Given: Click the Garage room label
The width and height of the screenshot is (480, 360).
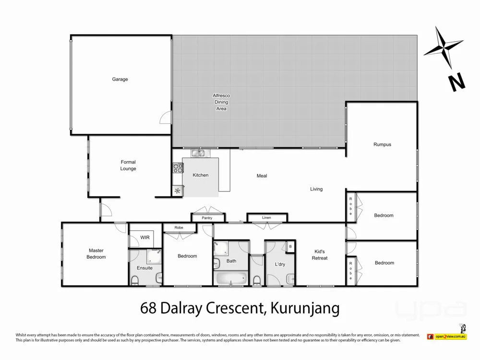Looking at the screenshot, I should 120,79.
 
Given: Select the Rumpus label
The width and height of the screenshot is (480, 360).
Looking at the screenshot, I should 383,144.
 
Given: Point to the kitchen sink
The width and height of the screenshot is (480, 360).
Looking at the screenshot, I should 198,154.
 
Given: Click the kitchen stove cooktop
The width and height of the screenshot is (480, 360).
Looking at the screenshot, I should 178,168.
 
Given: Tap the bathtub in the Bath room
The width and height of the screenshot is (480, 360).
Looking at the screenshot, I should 231,279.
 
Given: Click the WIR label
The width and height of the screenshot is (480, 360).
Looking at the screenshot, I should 145,238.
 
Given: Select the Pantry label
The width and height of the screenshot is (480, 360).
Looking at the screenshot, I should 207,218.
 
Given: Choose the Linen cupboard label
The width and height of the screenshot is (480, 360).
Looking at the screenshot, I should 266,218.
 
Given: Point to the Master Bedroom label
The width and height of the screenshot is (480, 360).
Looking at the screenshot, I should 96,253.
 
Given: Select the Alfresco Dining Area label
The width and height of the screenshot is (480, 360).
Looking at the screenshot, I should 220,102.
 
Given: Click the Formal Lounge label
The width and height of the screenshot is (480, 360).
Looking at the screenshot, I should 128,165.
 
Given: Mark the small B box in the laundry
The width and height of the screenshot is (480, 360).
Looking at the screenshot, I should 289,247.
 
